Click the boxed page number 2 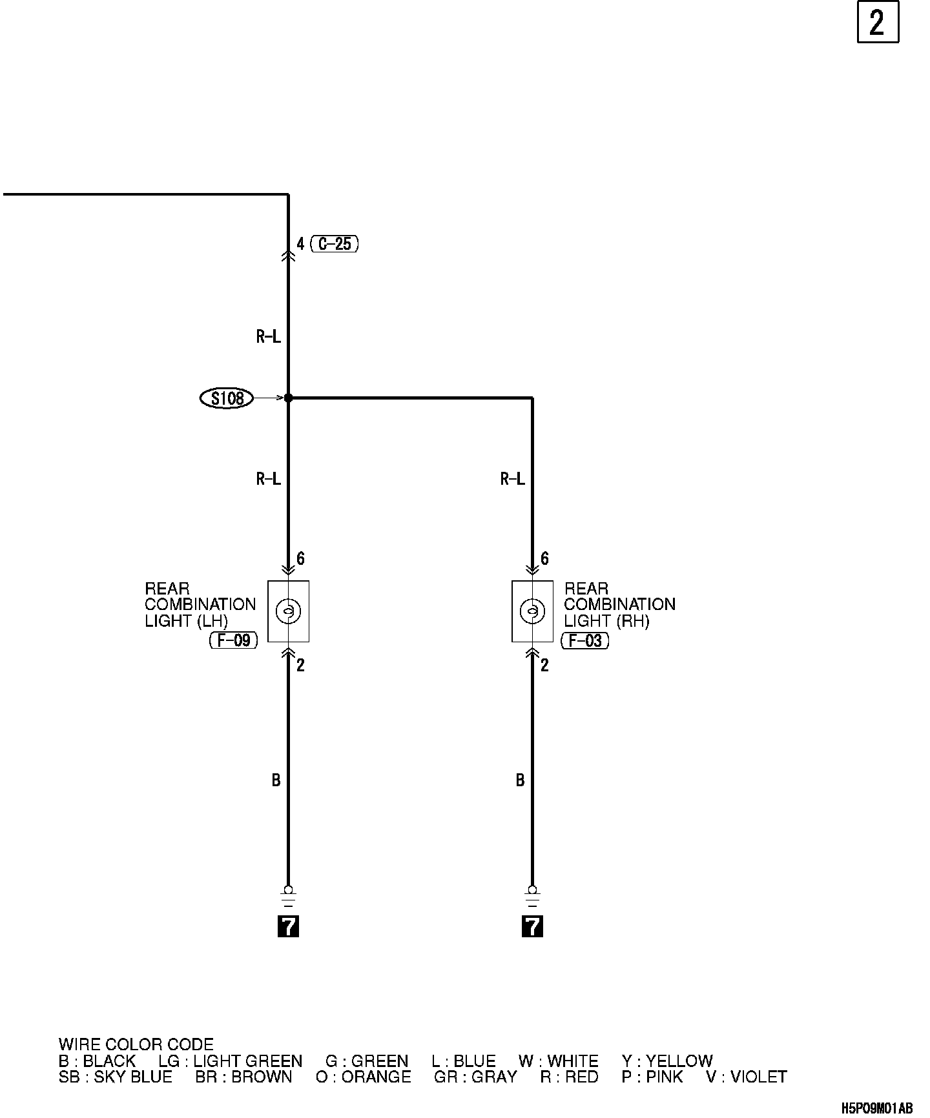[x=878, y=23]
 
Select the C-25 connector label [x=335, y=244]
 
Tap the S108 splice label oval [x=227, y=398]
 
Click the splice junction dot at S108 [x=288, y=398]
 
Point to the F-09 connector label [x=234, y=641]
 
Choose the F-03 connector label [x=585, y=641]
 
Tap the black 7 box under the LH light [x=288, y=926]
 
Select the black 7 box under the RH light [x=532, y=926]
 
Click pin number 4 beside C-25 [x=300, y=244]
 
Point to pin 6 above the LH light [x=300, y=559]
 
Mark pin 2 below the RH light [x=544, y=666]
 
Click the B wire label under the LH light [x=276, y=781]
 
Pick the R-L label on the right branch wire [x=513, y=479]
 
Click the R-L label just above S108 [x=269, y=336]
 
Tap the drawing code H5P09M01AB [x=876, y=1108]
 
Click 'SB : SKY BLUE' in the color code [x=116, y=1077]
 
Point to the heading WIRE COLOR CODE [x=136, y=1045]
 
